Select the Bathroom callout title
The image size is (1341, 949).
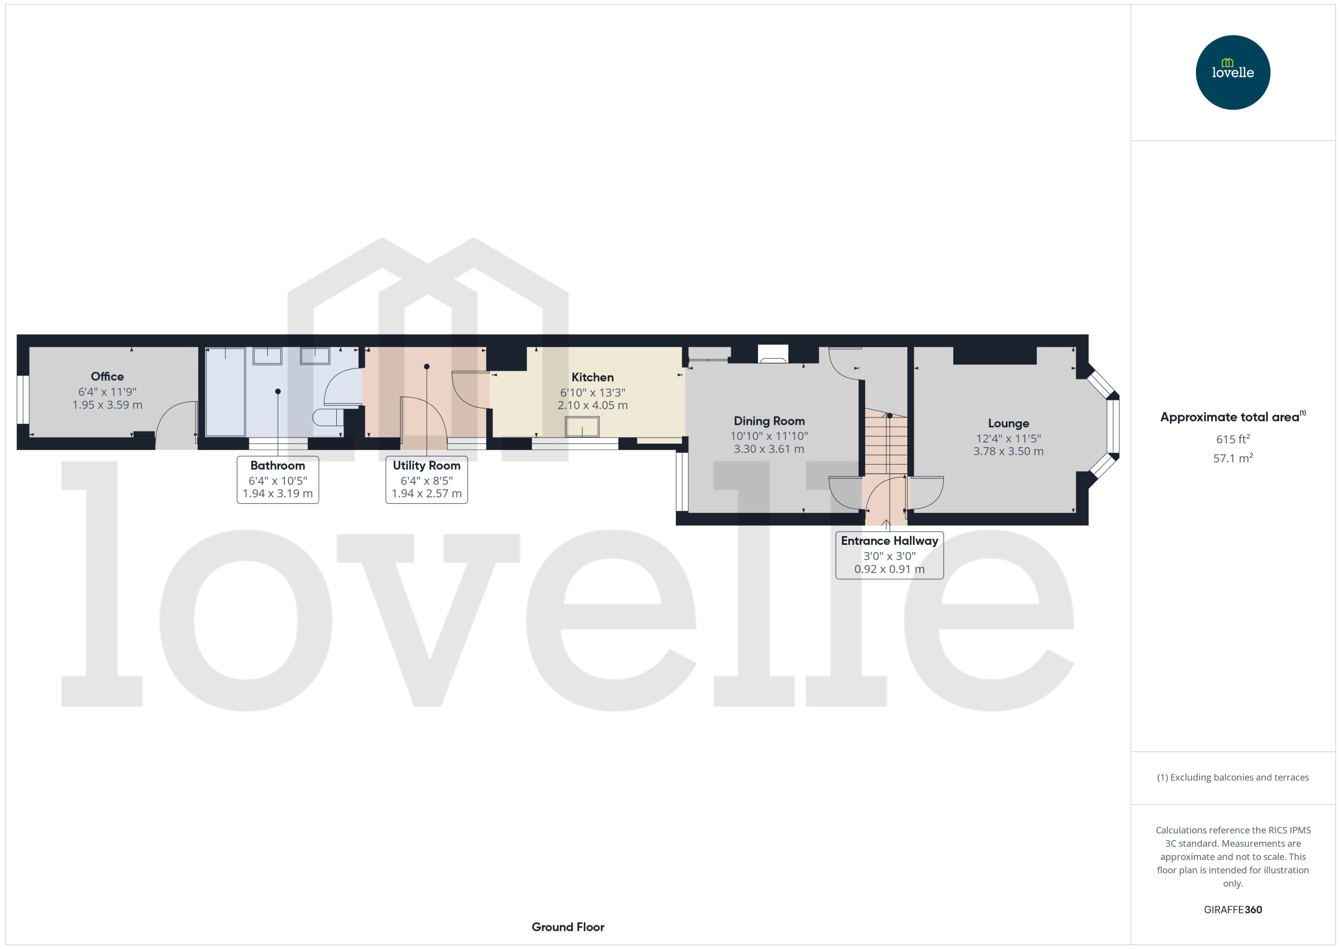point(277,466)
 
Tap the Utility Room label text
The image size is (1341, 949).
point(426,466)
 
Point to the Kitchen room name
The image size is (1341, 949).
point(592,377)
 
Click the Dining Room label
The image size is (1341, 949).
point(769,421)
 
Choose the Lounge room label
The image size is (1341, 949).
point(1008,424)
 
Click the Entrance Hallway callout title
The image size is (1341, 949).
point(889,541)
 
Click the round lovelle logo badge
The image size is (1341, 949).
point(1233,72)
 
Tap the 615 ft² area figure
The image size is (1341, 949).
point(1233,439)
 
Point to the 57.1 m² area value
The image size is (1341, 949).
point(1233,458)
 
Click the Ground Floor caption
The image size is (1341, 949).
point(568,927)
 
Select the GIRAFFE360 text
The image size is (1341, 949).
point(1233,910)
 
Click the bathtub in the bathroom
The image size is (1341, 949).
point(226,392)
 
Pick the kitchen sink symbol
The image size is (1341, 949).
point(582,426)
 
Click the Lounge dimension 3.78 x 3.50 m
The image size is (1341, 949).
point(1008,451)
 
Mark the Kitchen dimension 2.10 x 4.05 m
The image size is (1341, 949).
point(592,406)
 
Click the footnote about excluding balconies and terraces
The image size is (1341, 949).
point(1233,777)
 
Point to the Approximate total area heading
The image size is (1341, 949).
point(1230,417)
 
